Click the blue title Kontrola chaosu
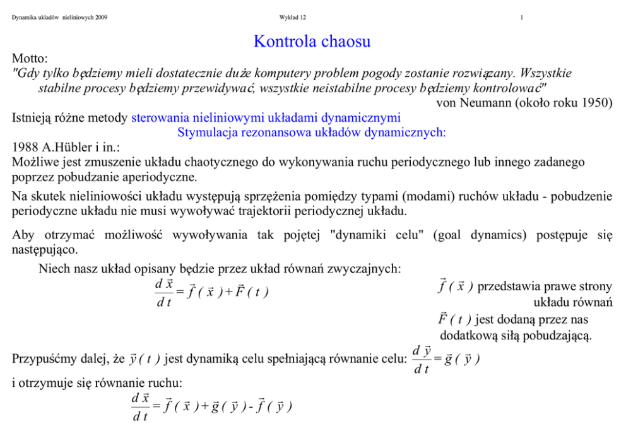pyautogui.click(x=312, y=42)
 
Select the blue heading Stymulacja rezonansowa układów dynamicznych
pyautogui.click(x=312, y=133)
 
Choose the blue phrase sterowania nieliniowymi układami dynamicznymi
pyautogui.click(x=266, y=117)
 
